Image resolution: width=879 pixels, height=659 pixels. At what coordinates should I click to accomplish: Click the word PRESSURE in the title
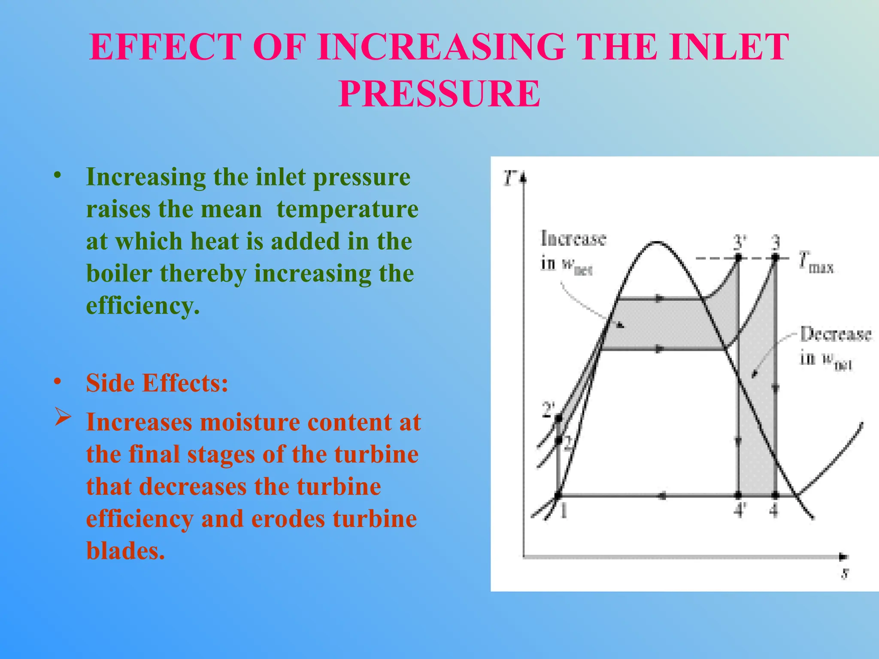(439, 94)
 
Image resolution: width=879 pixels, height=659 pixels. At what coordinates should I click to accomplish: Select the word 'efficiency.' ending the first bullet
(143, 306)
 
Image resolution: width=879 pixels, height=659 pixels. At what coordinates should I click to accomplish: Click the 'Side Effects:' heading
(157, 383)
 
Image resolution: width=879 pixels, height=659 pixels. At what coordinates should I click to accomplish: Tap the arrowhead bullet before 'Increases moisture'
(63, 417)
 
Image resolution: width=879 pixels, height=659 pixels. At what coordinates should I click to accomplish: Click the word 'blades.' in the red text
(125, 550)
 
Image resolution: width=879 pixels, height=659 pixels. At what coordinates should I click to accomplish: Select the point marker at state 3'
(738, 258)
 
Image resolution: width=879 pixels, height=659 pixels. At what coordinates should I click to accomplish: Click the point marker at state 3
(775, 258)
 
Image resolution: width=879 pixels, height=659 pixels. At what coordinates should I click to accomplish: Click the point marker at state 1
(558, 496)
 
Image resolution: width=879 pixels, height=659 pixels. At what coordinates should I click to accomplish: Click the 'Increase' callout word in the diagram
(573, 239)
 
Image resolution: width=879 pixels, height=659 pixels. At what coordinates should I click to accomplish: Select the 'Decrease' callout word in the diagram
(835, 335)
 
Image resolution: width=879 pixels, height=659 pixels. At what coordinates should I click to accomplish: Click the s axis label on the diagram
(845, 573)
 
